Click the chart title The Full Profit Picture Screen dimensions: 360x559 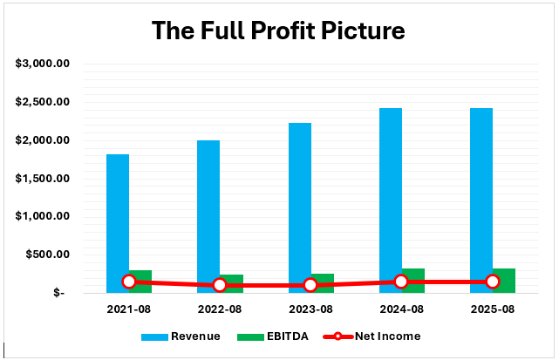point(278,31)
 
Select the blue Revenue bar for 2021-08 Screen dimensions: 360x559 point(118,218)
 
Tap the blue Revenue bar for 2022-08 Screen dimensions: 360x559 point(208,214)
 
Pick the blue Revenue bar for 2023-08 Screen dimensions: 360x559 point(299,205)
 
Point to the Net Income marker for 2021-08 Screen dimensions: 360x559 point(129,282)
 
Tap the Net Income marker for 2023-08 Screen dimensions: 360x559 point(310,285)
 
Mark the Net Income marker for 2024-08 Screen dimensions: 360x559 point(401,282)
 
